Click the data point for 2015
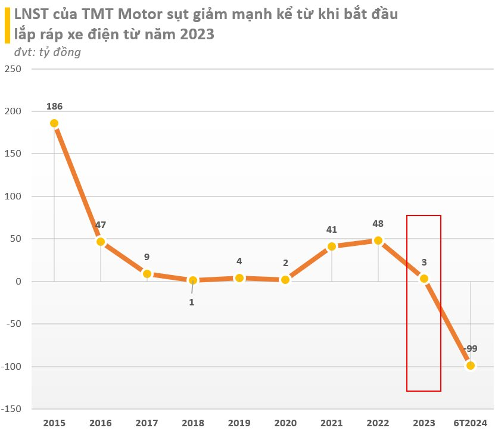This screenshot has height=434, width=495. (54, 123)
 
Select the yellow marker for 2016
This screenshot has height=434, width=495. (101, 242)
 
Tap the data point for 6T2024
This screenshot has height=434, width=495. (471, 366)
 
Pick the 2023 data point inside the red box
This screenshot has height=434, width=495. (424, 279)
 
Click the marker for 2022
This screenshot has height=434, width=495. (378, 241)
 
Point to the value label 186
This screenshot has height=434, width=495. (54, 107)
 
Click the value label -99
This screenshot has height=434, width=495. (471, 349)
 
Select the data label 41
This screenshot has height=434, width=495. (332, 229)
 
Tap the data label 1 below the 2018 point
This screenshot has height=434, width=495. (192, 302)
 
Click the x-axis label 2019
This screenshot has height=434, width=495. (239, 423)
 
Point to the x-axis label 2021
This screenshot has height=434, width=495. (331, 423)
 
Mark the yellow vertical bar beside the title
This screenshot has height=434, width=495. (7, 24)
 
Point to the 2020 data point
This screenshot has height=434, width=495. (285, 279)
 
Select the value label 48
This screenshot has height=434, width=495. (378, 224)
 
